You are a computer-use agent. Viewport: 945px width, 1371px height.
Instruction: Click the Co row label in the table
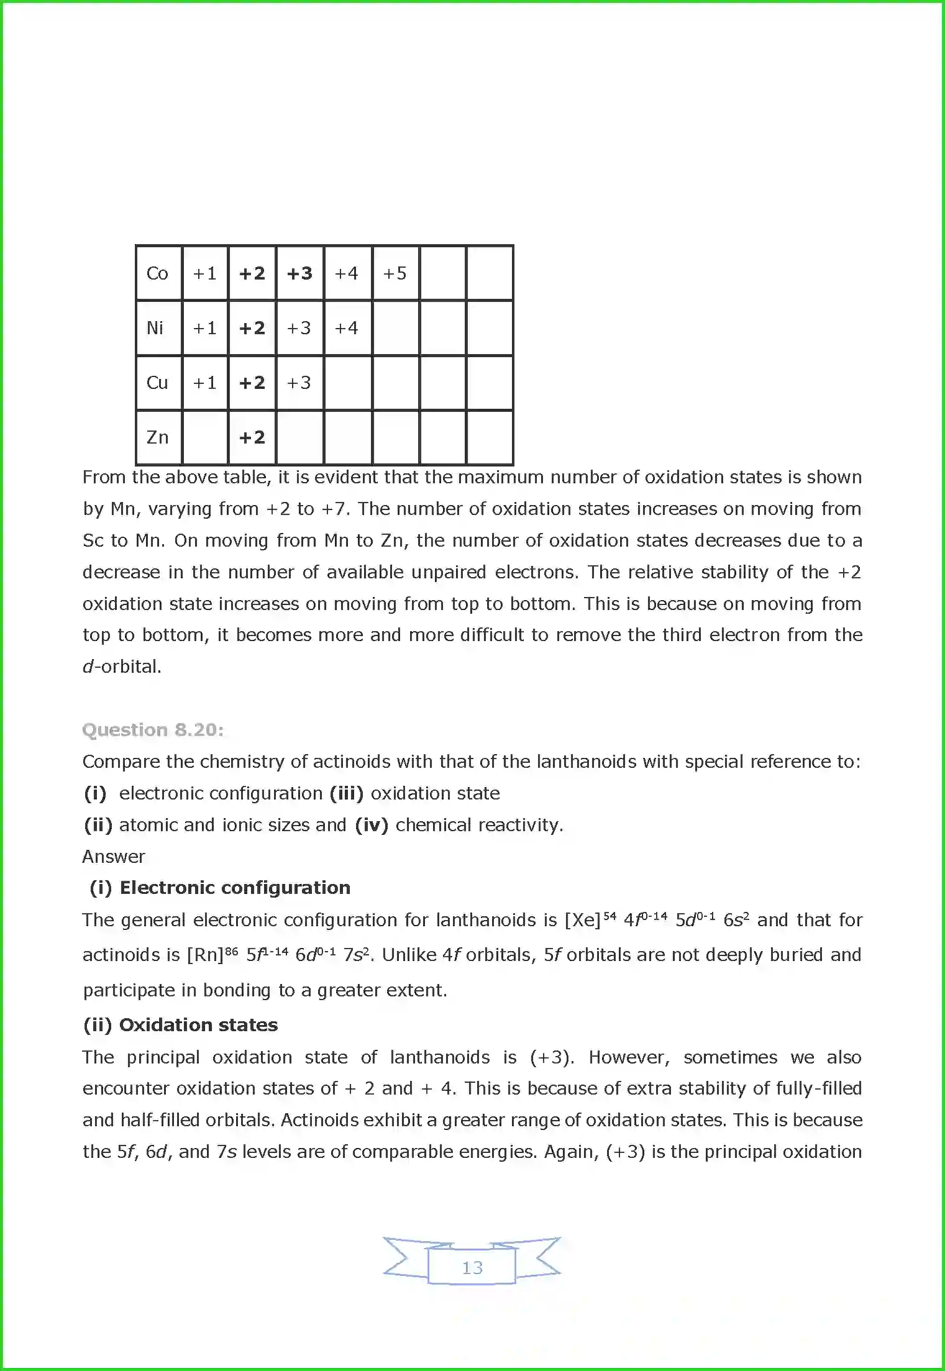click(157, 273)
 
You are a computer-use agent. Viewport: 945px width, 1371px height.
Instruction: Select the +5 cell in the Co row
click(395, 273)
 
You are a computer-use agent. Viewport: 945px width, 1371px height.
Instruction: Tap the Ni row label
click(155, 328)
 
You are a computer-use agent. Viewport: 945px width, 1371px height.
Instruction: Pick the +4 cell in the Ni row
click(347, 328)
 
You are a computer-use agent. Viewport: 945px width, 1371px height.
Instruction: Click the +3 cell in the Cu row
click(299, 383)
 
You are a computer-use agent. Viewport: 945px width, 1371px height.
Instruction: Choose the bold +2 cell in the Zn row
click(252, 437)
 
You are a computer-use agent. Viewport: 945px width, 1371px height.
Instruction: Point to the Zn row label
click(157, 437)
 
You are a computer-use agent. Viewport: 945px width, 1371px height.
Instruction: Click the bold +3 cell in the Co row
click(299, 273)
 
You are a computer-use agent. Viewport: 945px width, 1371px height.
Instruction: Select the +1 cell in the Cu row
click(204, 383)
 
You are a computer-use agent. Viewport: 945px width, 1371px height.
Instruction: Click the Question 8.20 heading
click(153, 730)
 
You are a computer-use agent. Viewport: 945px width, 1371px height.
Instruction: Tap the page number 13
click(472, 1268)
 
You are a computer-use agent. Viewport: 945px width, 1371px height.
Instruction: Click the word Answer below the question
click(114, 857)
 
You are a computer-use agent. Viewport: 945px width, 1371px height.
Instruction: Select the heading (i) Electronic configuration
click(220, 888)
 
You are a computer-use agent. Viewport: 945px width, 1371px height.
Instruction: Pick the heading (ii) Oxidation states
click(180, 1025)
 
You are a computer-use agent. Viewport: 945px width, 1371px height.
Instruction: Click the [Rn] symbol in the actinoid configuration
click(205, 955)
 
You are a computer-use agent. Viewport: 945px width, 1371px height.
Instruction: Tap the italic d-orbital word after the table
click(122, 667)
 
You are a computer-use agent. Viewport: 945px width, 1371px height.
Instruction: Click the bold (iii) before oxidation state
click(346, 793)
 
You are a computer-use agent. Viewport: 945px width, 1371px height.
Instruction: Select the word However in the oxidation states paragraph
click(629, 1057)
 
